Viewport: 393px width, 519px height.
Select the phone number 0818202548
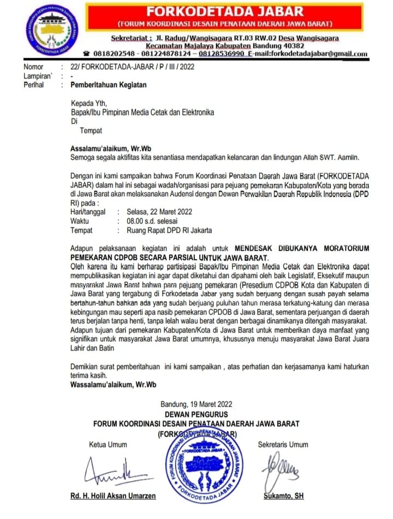[x=115, y=54]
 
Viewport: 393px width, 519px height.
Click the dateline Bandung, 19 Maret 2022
[x=196, y=404]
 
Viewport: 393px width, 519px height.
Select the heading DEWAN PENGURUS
[x=196, y=414]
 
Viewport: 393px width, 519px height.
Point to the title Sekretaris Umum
[x=283, y=444]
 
